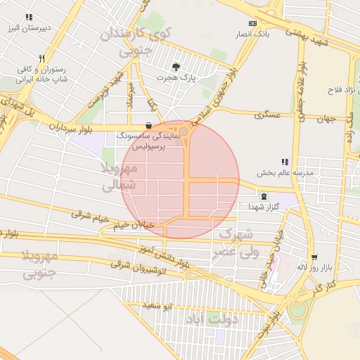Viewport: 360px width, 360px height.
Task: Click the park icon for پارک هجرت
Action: point(175,67)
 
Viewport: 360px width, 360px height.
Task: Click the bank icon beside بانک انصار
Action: point(252,23)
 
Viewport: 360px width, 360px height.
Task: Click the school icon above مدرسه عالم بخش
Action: point(285,162)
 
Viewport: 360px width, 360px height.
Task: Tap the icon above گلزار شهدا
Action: point(264,196)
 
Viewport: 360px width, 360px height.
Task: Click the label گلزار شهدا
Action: point(264,207)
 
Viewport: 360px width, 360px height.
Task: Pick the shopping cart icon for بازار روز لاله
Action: point(314,257)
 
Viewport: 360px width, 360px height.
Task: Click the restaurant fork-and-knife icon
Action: point(42,59)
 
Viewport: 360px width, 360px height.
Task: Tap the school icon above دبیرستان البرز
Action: point(28,17)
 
